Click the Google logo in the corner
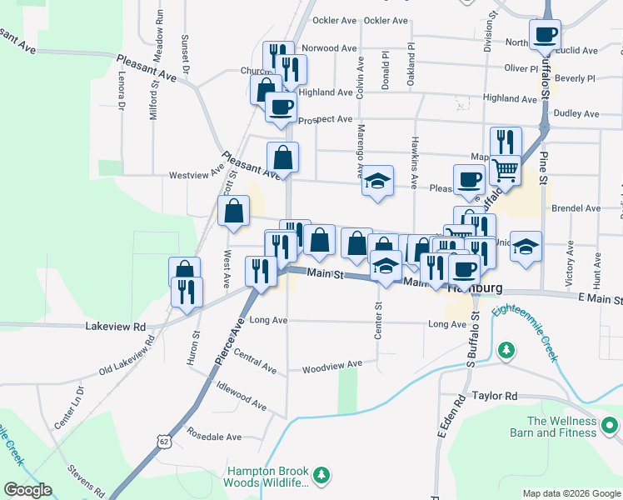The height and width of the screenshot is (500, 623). coord(27,490)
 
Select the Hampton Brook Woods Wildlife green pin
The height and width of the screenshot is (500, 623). coord(321,476)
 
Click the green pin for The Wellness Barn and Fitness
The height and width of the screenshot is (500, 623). coord(610,427)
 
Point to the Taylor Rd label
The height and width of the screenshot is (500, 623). coord(495,397)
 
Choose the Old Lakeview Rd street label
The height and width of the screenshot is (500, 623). coord(127,355)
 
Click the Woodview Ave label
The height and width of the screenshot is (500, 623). coord(332,365)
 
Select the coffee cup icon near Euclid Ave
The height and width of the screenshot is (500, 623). coord(546,35)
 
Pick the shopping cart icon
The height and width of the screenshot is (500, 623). coord(504,170)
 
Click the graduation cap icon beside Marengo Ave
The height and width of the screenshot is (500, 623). coord(377,181)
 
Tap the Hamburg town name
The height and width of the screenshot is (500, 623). coord(475,288)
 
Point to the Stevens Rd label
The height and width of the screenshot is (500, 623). coord(85,479)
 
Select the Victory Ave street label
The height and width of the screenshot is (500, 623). coord(571,263)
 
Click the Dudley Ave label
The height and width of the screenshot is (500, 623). coord(576,113)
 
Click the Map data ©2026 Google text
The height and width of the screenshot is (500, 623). coord(571,493)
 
